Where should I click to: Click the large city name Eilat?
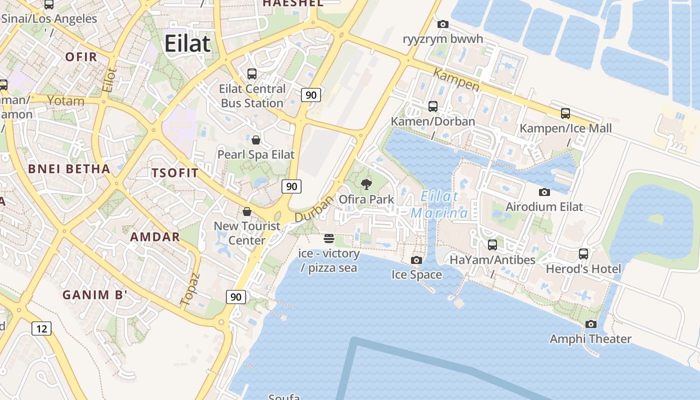(x=187, y=44)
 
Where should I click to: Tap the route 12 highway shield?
(x=41, y=328)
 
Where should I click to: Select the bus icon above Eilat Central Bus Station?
(x=252, y=74)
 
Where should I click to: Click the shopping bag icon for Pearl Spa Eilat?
(x=256, y=140)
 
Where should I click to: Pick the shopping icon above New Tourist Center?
(x=246, y=211)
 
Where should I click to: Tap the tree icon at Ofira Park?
(x=366, y=184)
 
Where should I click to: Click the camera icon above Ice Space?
(x=416, y=260)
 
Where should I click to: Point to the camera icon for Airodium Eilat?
(x=544, y=192)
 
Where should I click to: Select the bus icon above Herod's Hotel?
(x=583, y=254)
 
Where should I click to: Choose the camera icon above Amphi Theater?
(x=590, y=324)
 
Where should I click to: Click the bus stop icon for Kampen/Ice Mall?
(x=565, y=113)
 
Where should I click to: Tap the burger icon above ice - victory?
(x=328, y=238)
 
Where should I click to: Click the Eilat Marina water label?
(x=439, y=205)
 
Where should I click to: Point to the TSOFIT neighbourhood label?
(x=175, y=173)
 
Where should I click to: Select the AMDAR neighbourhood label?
(x=155, y=236)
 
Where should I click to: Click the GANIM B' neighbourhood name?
(x=93, y=295)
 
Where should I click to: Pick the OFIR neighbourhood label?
(x=81, y=56)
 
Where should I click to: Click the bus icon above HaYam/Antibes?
(x=492, y=245)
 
